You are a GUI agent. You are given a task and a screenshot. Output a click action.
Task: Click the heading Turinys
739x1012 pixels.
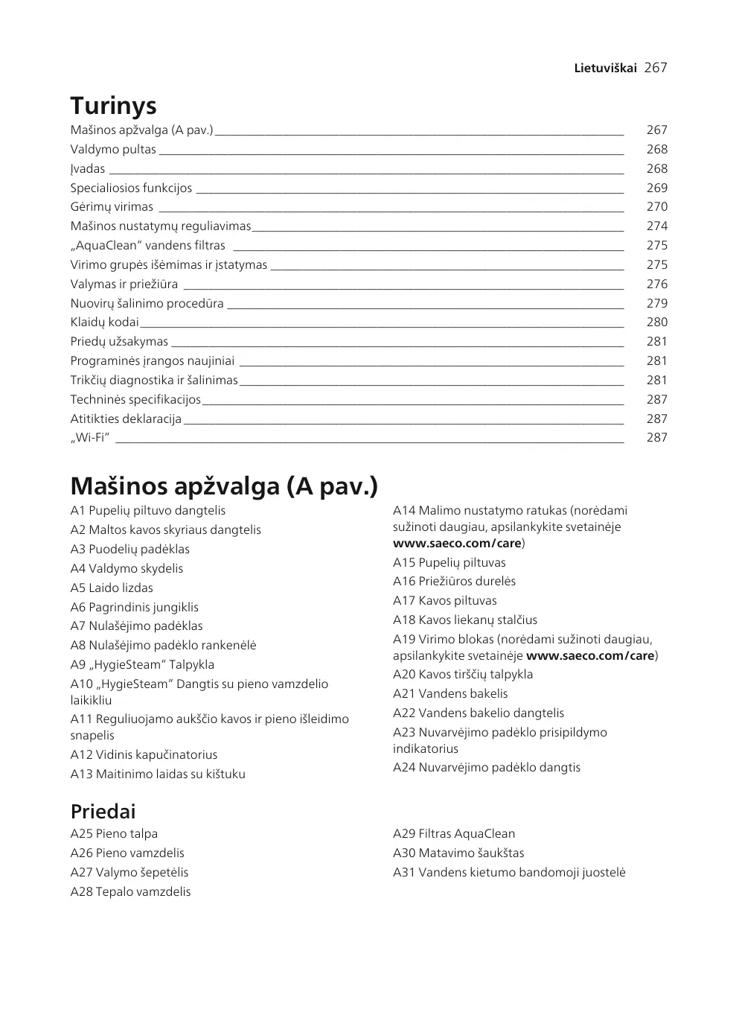113,106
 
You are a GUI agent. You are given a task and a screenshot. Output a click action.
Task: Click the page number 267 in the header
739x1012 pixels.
655,68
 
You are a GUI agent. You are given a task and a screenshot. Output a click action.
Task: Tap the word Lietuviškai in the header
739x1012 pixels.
605,68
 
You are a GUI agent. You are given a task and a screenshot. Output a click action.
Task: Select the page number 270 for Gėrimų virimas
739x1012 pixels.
656,207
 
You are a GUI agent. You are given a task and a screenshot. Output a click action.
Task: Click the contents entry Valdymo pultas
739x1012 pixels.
113,150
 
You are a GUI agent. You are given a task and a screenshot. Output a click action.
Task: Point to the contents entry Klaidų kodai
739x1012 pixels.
105,322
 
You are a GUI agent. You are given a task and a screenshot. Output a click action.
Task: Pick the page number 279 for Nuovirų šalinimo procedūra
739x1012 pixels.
656,303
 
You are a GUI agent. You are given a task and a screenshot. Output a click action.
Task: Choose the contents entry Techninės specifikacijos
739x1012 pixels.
135,400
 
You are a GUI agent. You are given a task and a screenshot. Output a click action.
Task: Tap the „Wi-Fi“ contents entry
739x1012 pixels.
90,438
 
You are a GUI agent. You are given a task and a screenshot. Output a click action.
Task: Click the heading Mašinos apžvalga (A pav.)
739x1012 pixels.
224,486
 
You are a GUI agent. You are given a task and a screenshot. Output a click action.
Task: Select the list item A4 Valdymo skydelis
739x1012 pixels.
127,569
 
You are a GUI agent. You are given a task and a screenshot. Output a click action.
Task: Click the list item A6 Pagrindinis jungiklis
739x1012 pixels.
135,608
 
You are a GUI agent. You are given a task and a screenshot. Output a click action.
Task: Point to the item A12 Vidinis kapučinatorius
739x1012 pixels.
144,755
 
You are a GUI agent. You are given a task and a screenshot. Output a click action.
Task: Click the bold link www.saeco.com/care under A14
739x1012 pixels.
457,544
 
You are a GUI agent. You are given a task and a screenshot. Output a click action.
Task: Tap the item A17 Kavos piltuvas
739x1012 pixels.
444,601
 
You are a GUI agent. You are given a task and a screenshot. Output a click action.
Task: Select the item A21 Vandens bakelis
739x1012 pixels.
450,694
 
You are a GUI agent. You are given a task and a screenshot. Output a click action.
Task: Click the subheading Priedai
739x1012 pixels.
103,812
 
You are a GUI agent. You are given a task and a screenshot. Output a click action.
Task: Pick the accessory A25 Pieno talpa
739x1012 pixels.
114,834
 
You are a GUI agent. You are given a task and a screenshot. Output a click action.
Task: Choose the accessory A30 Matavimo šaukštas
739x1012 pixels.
458,853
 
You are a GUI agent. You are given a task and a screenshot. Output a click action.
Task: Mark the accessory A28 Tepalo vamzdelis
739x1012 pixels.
130,892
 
